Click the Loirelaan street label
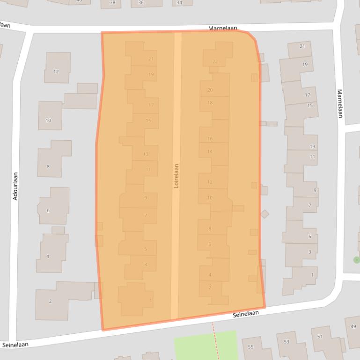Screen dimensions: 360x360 pyautogui.click(x=176, y=175)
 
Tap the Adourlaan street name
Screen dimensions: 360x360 pyautogui.click(x=15, y=186)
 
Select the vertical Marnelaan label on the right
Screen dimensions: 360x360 pyautogui.click(x=340, y=103)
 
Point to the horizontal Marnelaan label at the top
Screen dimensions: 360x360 pyautogui.click(x=223, y=29)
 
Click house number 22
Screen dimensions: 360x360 pyautogui.click(x=215, y=61)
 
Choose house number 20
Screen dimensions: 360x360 pyautogui.click(x=210, y=90)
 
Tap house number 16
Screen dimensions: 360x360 pyautogui.click(x=210, y=139)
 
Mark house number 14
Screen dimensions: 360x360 pyautogui.click(x=210, y=151)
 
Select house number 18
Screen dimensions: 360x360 pyautogui.click(x=210, y=103)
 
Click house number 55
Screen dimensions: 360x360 pyautogui.click(x=250, y=347)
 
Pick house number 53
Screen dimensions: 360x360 pyautogui.click(x=286, y=342)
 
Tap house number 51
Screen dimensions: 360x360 pyautogui.click(x=320, y=337)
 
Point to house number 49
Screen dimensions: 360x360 pyautogui.click(x=353, y=326)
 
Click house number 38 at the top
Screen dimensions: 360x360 pyautogui.click(x=112, y=3)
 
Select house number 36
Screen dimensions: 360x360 pyautogui.click(x=140, y=3)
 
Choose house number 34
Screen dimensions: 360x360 pyautogui.click(x=179, y=3)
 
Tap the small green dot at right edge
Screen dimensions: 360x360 pyautogui.click(x=357, y=259)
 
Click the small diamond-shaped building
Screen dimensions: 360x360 pyautogui.click(x=264, y=214)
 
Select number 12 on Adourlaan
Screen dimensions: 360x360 pyautogui.click(x=56, y=72)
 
